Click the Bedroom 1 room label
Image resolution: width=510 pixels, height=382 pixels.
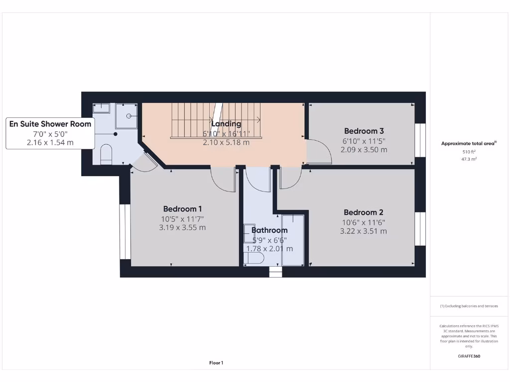click(x=182, y=209)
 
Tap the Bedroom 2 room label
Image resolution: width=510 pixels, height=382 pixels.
click(x=363, y=212)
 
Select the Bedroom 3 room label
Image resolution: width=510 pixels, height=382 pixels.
click(x=360, y=131)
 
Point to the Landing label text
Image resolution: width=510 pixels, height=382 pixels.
click(x=226, y=124)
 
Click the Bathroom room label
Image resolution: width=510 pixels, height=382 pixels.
click(x=269, y=230)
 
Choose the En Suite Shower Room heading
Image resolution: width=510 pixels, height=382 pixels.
click(x=50, y=124)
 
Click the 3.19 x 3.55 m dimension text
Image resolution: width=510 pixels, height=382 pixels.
click(x=182, y=228)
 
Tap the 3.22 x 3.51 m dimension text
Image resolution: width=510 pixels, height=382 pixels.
click(x=363, y=231)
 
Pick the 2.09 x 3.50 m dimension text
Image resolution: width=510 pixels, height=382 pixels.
click(x=364, y=150)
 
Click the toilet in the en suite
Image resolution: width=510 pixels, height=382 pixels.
click(x=107, y=155)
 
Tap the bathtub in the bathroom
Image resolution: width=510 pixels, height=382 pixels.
click(x=293, y=240)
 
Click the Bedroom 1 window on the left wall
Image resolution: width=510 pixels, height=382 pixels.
click(x=125, y=231)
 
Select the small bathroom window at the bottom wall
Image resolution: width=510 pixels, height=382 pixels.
click(x=275, y=272)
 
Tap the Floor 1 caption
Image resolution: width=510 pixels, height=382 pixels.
click(x=216, y=363)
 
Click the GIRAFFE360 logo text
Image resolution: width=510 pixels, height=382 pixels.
click(x=469, y=356)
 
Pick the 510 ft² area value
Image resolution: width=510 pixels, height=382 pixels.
click(x=469, y=152)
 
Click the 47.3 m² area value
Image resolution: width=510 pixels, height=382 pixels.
click(x=469, y=159)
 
